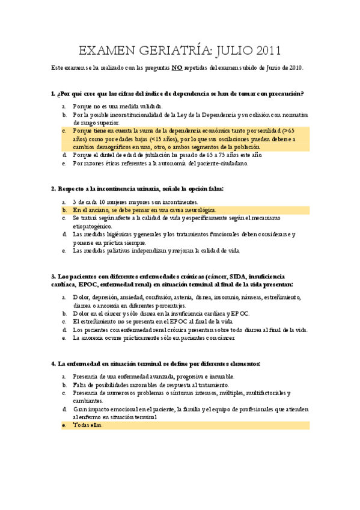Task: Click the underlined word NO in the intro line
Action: [x=177, y=69]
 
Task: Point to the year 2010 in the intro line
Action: [x=294, y=69]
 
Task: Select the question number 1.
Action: [x=53, y=94]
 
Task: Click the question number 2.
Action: [x=53, y=189]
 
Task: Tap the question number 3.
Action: [x=53, y=277]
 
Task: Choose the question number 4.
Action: [x=53, y=364]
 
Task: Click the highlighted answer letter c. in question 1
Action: [x=64, y=131]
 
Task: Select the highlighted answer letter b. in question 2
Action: [x=64, y=210]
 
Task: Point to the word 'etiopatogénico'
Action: [x=94, y=227]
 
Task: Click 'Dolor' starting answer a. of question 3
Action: [x=81, y=297]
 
